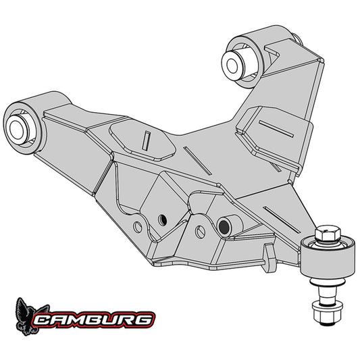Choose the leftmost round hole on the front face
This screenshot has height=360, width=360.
(x=138, y=225)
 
